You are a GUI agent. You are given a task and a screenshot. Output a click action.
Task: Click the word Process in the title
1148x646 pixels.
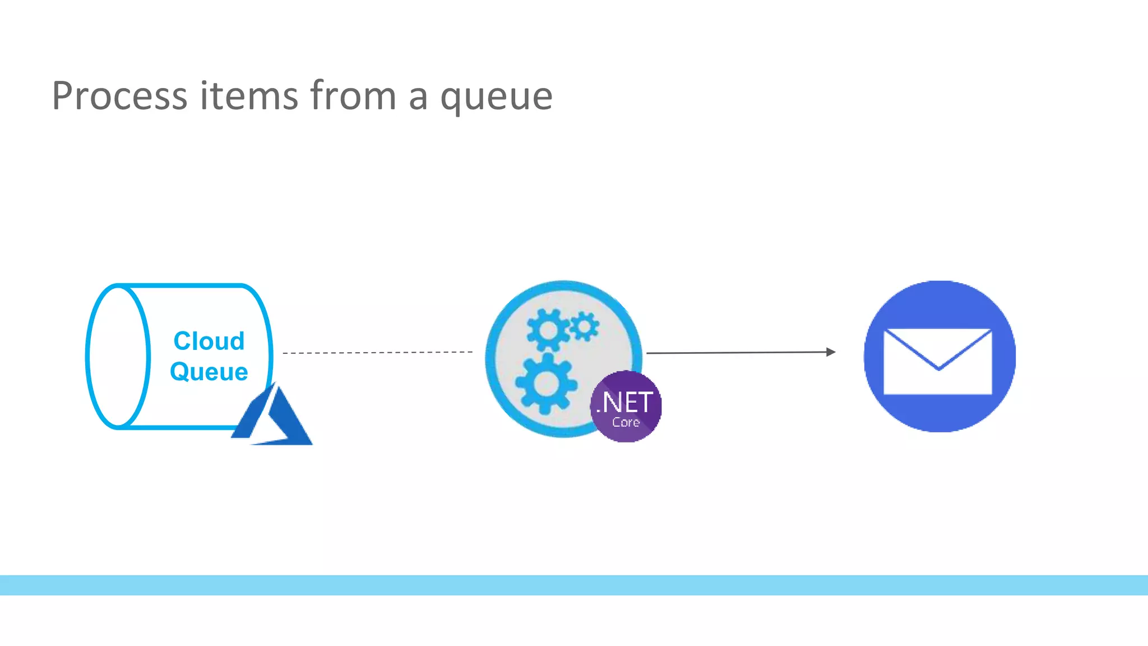pos(119,96)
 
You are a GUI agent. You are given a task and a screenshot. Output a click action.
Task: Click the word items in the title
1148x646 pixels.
pos(249,96)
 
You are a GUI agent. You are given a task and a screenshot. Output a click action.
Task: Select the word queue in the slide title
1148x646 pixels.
pos(496,99)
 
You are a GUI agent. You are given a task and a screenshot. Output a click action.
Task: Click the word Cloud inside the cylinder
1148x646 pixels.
pos(209,341)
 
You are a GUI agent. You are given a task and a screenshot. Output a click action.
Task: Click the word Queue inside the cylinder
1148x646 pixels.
pos(209,372)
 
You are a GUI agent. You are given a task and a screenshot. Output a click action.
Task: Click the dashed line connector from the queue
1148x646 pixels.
pos(377,353)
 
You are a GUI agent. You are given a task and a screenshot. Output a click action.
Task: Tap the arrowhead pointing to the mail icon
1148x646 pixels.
pos(831,352)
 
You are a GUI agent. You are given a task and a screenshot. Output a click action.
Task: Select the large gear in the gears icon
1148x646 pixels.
pos(546,384)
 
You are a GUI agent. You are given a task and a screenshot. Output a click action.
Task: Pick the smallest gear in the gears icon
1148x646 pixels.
pos(584,326)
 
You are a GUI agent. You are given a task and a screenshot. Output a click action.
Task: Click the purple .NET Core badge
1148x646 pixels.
pos(626,407)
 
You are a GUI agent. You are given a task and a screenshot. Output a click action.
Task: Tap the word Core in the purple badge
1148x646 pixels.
pos(626,422)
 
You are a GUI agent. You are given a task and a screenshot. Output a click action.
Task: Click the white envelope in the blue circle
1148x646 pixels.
pos(937,362)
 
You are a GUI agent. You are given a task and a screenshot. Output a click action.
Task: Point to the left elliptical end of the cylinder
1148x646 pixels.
pos(118,357)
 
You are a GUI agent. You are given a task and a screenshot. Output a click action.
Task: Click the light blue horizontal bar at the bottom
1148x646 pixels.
pos(574,585)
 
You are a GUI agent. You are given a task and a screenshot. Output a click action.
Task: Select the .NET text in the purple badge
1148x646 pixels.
pos(625,402)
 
